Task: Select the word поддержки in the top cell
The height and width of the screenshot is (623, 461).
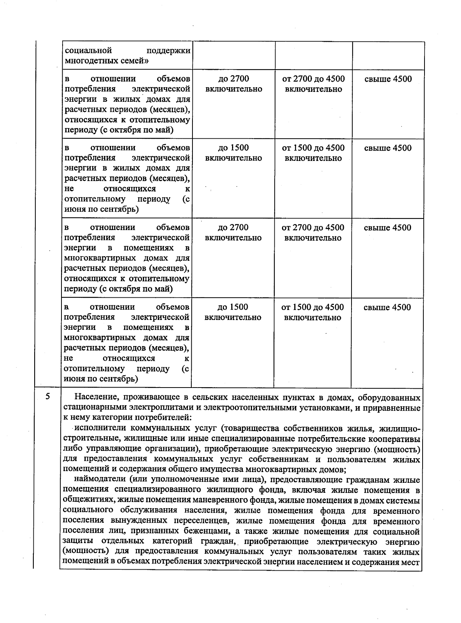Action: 169,51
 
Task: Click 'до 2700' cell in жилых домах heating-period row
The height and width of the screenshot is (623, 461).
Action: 234,84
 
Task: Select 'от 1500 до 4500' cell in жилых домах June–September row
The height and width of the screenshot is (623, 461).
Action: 313,153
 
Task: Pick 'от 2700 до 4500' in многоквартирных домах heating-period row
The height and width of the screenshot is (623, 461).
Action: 313,232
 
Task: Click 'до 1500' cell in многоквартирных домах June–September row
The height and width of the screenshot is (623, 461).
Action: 233,312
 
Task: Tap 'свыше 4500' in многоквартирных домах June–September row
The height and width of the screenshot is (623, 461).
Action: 387,307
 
